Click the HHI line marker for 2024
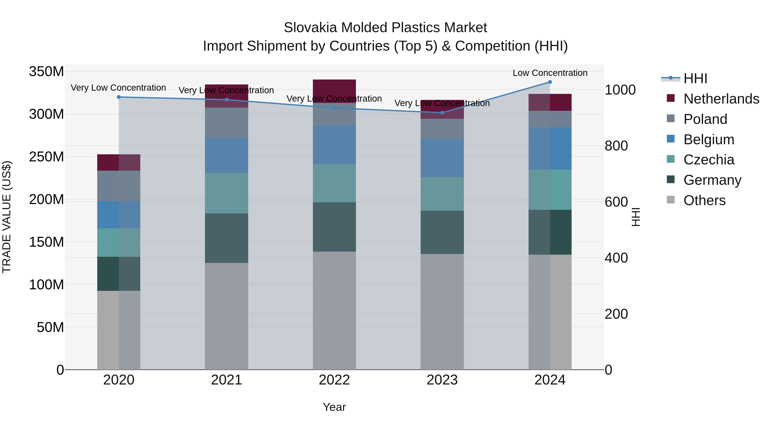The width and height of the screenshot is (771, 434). [550, 82]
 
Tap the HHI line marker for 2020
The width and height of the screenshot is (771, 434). [119, 97]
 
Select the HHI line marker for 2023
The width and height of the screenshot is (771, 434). [442, 113]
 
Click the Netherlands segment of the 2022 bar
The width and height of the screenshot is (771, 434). [334, 91]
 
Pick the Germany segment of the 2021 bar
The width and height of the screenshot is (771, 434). [227, 238]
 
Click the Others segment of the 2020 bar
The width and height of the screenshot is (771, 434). [119, 330]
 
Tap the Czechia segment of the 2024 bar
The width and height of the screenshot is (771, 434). [550, 190]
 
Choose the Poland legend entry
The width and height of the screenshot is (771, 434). [705, 119]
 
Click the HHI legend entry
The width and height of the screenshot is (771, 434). [695, 78]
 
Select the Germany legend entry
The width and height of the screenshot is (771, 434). [712, 180]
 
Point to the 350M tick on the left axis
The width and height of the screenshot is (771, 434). [46, 72]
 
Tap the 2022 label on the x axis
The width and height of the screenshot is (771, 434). [334, 380]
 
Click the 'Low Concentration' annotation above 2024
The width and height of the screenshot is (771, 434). [550, 73]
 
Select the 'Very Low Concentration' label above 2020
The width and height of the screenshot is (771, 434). [118, 88]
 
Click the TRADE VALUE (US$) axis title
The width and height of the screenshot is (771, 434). [7, 217]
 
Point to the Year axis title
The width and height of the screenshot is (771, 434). [334, 407]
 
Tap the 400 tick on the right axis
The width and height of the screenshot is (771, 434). [616, 258]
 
